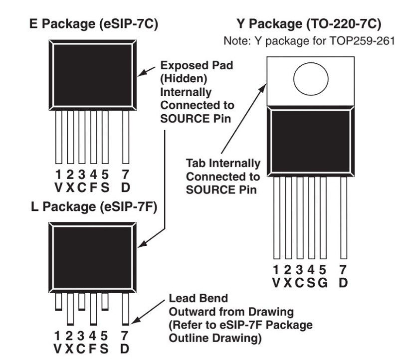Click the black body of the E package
click(x=93, y=75)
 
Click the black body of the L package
click(x=93, y=258)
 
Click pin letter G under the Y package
click(x=323, y=283)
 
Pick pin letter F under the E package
click(x=93, y=187)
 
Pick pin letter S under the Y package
click(x=311, y=283)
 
